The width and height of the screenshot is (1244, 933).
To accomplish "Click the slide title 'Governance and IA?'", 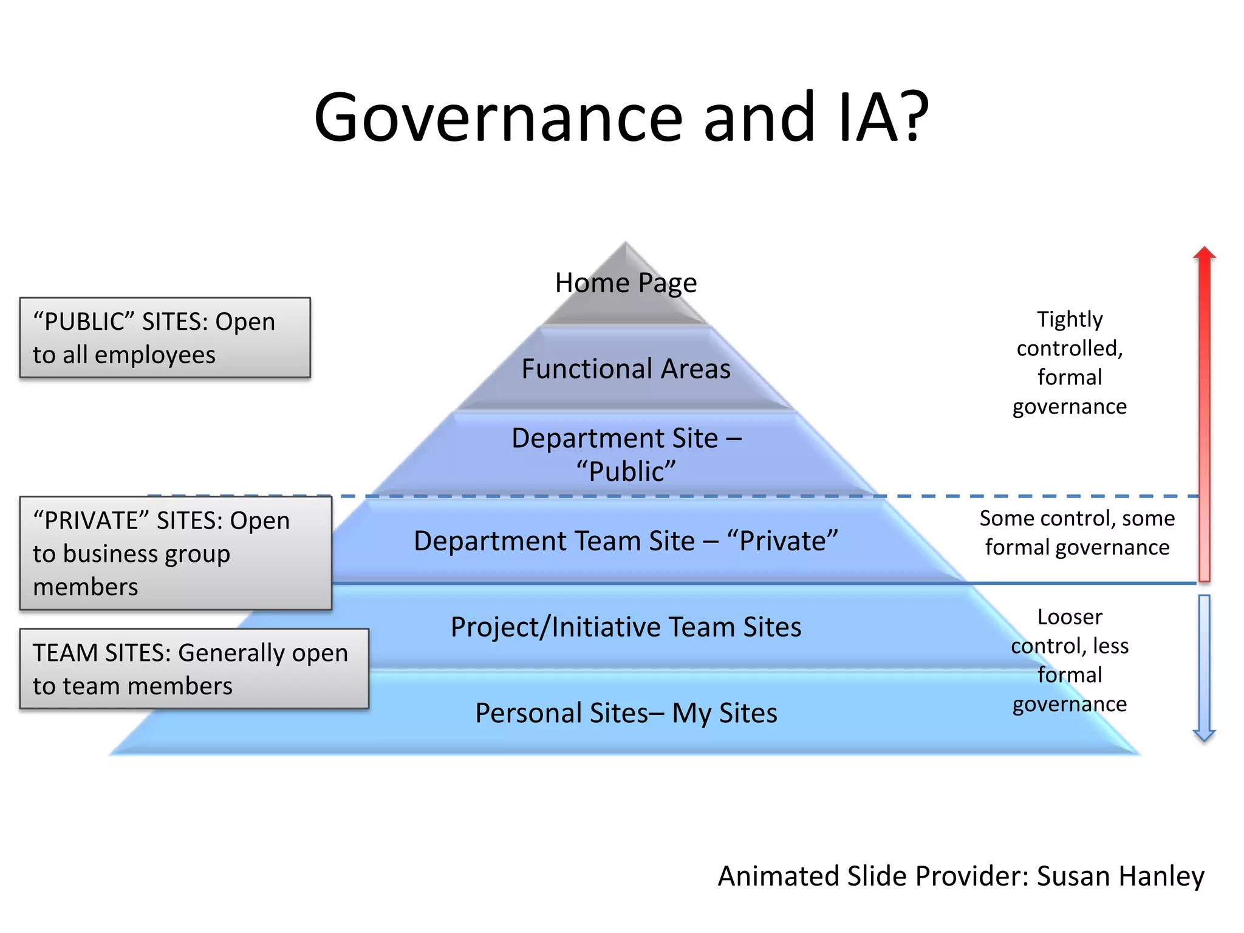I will pos(621,117).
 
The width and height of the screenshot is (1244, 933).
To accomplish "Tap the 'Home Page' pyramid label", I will pos(626,283).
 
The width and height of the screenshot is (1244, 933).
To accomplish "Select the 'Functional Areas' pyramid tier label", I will pos(626,369).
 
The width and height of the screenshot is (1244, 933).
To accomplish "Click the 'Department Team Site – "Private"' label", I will pos(626,541).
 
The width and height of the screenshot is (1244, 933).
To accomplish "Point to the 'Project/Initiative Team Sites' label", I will pos(626,627).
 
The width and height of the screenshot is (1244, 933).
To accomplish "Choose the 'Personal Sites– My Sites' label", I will pos(626,713).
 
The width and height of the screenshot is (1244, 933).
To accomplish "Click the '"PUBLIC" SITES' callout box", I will pos(165,338).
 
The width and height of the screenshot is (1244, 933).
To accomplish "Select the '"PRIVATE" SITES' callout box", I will pos(176,553).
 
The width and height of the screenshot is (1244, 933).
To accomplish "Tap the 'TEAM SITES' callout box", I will pos(194,669).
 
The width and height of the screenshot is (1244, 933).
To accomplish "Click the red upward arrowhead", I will pos(1204,253).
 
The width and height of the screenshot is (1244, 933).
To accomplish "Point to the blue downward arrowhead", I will pos(1204,735).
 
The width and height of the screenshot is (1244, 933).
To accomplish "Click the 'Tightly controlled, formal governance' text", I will pos(1069,363).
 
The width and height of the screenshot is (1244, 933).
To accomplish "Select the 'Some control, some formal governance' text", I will pos(1077,533).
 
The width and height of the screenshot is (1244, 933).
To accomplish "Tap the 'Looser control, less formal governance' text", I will pos(1069,660).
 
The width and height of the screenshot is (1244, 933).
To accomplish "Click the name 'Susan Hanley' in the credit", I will pos(1120,876).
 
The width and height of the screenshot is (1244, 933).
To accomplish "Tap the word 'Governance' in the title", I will pos(498,117).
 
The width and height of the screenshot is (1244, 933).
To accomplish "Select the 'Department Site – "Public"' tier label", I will pos(626,454).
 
